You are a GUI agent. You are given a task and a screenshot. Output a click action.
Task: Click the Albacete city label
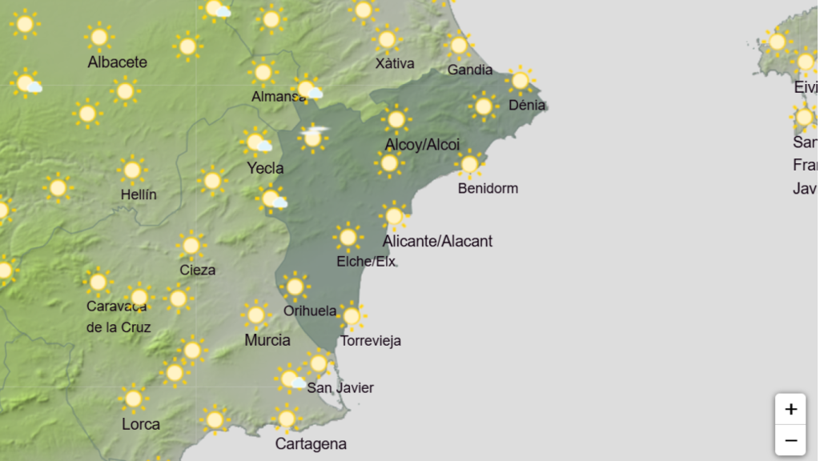pos(117,62)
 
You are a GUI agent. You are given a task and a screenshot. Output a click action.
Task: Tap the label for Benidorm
pos(488,189)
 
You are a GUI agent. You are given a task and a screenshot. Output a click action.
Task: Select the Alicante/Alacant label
pos(437,241)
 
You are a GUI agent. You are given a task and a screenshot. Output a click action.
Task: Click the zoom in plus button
pos(790,409)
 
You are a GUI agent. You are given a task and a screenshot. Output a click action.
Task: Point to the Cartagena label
pos(311,443)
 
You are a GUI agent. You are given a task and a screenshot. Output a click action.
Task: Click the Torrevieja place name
pos(370,341)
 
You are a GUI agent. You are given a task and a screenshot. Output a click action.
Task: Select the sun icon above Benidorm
pos(470,164)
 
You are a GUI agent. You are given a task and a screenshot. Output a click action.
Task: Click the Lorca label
pos(141,424)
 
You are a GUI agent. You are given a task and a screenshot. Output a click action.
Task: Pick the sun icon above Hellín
pos(132,170)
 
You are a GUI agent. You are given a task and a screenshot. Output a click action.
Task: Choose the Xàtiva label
pos(395,63)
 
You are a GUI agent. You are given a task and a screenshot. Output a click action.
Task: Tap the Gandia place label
pos(470,70)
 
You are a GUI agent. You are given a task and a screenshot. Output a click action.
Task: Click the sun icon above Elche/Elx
pos(348,237)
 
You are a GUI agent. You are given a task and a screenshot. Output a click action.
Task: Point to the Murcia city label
pos(267,340)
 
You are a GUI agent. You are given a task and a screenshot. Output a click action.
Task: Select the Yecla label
pos(265,168)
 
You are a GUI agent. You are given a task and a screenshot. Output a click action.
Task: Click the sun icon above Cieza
pos(191,245)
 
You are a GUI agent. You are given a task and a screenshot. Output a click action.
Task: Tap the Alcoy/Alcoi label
pos(422,145)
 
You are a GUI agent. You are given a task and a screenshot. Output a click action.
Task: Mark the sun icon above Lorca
pos(133,399)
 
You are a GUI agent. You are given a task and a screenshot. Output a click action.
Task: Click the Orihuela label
pos(310,311)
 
